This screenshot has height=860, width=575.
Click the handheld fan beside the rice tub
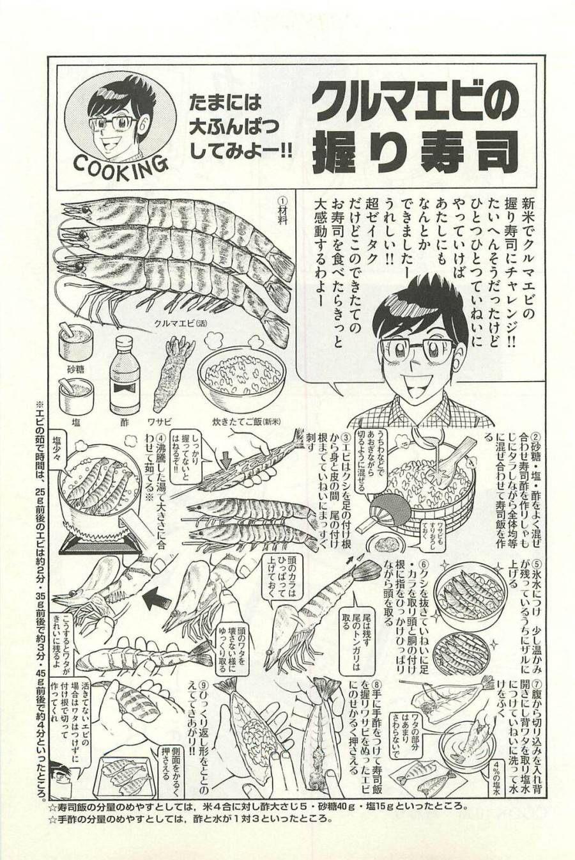point(377,505)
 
